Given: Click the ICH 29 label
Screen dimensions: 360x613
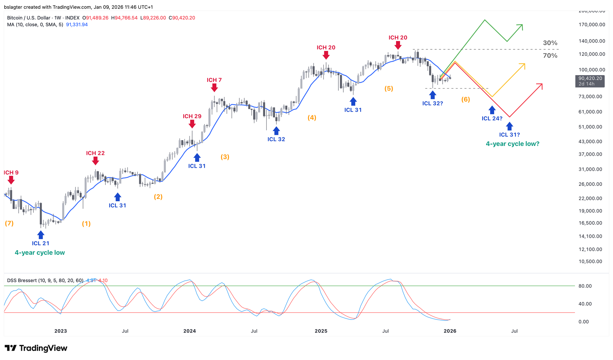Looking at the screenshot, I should click(x=192, y=116).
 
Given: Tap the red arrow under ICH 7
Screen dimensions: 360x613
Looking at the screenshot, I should click(x=214, y=88).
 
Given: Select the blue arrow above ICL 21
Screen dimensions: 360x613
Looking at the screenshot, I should click(x=41, y=235).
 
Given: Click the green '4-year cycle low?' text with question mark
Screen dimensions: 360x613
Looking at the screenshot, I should click(x=512, y=144).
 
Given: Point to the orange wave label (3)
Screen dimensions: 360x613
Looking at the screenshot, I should click(x=225, y=157).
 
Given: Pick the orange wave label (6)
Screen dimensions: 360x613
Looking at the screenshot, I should click(x=466, y=99).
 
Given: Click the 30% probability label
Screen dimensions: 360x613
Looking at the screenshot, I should click(x=550, y=43).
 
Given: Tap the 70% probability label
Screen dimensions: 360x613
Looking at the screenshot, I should click(x=550, y=56).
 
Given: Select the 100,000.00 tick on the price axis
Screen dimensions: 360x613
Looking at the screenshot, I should click(x=591, y=70).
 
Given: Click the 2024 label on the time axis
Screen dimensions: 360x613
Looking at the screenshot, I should click(x=190, y=331).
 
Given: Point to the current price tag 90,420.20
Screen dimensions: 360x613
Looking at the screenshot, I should click(x=590, y=79).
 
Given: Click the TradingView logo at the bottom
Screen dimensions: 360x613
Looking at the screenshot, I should click(x=36, y=348).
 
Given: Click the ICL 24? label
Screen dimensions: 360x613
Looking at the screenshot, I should click(x=492, y=118).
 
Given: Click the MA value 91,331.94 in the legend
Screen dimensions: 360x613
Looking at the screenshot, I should click(x=77, y=25).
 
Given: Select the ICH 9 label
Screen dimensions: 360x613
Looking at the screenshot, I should click(x=11, y=173).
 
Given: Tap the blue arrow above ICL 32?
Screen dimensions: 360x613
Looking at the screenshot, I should click(x=432, y=95).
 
